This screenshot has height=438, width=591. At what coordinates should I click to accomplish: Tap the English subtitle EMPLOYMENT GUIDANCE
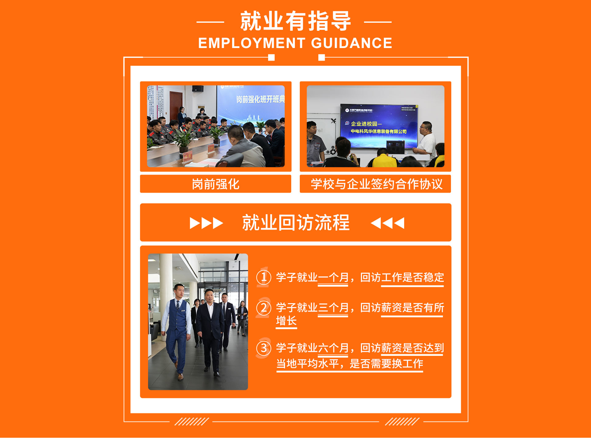click(295, 43)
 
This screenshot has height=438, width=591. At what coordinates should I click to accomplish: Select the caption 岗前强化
click(215, 184)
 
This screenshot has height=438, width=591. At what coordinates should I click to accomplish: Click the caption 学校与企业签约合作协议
click(376, 184)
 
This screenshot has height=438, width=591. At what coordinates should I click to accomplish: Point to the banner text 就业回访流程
click(295, 223)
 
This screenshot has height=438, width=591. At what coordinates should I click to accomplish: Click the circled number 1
click(264, 277)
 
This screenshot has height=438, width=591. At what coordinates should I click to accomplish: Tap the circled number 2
click(264, 307)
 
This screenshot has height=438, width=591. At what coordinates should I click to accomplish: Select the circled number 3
click(264, 348)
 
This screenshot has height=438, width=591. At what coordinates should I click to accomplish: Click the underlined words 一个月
click(333, 278)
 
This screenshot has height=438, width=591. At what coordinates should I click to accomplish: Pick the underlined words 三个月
click(333, 308)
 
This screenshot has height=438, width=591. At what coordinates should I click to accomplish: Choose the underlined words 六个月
click(333, 348)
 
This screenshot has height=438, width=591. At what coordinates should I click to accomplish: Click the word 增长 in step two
click(286, 321)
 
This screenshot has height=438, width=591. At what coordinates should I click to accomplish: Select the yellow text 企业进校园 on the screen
click(364, 124)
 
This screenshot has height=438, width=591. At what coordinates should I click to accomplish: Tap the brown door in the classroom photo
click(176, 106)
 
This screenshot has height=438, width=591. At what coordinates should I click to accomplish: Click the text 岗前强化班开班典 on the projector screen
click(260, 99)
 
